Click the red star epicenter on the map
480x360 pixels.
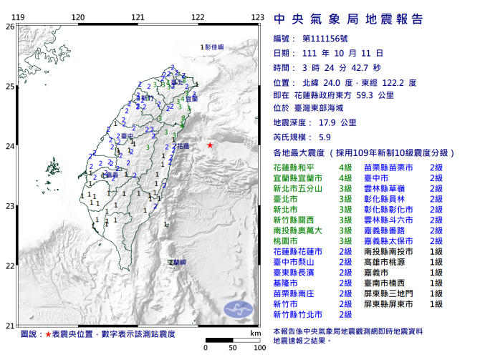[209, 145]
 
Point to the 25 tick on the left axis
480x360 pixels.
[9, 87]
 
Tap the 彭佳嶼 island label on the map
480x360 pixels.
[213, 47]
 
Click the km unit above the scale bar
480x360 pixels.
[255, 333]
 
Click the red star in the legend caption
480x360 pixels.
[48, 335]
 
